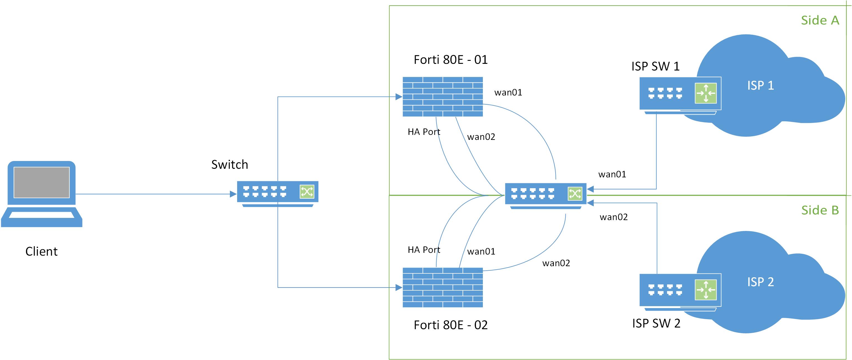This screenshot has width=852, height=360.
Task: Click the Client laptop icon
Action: [x=42, y=193]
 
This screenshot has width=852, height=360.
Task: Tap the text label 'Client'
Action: [x=41, y=251]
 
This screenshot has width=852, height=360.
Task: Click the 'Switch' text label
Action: [x=230, y=164]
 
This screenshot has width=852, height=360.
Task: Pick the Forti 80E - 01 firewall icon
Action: [x=443, y=97]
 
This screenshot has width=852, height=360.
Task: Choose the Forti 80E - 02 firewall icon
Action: [x=443, y=287]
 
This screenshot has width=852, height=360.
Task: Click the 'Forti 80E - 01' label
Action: [x=450, y=60]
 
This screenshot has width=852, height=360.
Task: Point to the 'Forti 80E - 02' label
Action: [x=450, y=325]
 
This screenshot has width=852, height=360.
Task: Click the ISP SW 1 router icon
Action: [x=680, y=94]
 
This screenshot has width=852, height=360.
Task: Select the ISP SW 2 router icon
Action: [x=680, y=291]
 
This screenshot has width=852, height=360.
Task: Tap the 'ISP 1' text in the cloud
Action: [x=760, y=85]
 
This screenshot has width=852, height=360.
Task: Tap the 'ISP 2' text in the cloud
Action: [x=760, y=282]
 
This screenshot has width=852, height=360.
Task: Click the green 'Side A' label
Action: [x=820, y=21]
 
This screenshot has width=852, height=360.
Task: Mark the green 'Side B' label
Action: [x=820, y=210]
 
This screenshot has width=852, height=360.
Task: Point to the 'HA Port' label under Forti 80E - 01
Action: [x=424, y=132]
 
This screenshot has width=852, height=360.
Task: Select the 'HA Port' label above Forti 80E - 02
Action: [x=424, y=250]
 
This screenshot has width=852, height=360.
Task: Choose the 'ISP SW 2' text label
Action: [x=656, y=323]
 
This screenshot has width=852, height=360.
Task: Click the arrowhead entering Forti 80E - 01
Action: [x=399, y=97]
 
